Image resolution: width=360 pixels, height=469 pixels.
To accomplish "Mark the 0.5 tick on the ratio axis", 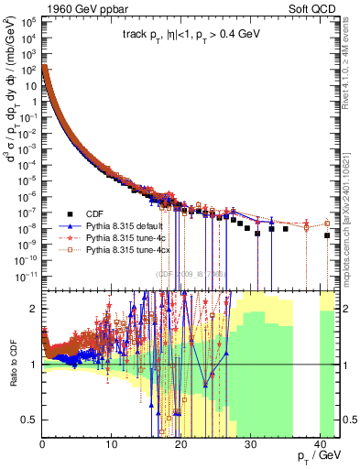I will [x=29, y=420].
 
